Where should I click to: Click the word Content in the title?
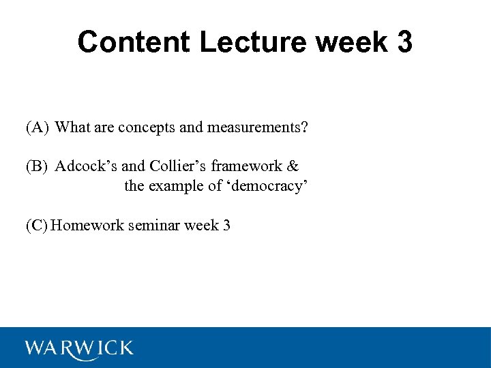pyautogui.click(x=134, y=42)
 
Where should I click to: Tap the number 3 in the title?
pyautogui.click(x=403, y=42)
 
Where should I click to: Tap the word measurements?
pyautogui.click(x=262, y=127)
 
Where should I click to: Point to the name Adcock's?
pyautogui.click(x=86, y=166)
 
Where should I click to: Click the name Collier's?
pyautogui.click(x=178, y=166)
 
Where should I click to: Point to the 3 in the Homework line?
pyautogui.click(x=226, y=226)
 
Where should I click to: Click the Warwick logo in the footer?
pyautogui.click(x=79, y=348)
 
